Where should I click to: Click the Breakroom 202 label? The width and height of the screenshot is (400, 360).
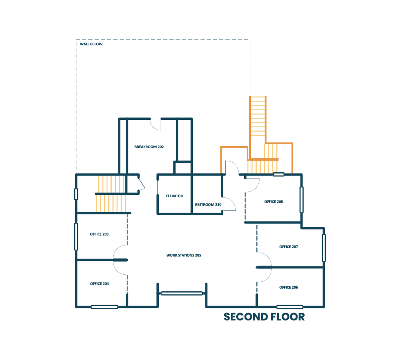149,147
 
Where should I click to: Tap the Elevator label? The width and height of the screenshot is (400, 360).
174,196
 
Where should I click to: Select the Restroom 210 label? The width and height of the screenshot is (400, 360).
208,205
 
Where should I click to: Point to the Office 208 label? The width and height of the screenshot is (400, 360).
273,202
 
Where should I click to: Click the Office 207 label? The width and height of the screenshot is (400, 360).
288,247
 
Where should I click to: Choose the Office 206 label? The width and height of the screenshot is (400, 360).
288,288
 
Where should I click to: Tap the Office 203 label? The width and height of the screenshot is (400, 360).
99,234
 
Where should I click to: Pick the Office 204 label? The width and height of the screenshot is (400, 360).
99,284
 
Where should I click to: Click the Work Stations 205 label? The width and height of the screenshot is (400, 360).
183,255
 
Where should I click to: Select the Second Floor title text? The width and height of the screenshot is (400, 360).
264,317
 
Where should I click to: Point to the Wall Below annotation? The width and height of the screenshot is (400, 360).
91,44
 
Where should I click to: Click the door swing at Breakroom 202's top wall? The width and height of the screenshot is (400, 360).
155,124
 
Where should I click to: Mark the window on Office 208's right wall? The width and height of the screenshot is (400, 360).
301,200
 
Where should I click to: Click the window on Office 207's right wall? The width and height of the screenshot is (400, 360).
324,248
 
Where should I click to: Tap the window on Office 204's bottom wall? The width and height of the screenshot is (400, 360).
104,307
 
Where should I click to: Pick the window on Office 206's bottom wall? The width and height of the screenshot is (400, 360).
290,307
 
